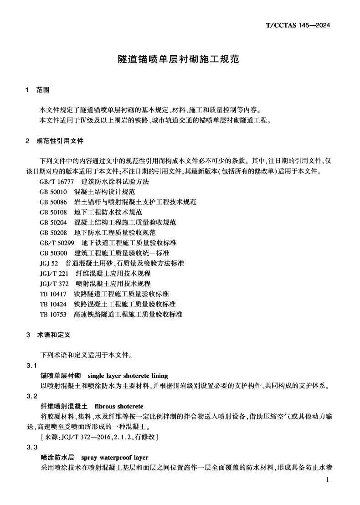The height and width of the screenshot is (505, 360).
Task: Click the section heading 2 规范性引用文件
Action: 55,141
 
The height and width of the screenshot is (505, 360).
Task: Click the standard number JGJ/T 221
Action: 54,273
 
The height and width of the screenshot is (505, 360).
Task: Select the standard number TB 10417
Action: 53,294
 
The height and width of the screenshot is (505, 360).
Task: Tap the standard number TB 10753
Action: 53,314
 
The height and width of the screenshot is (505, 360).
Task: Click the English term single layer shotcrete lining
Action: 121,376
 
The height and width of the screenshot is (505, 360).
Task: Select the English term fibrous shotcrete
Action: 119,406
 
